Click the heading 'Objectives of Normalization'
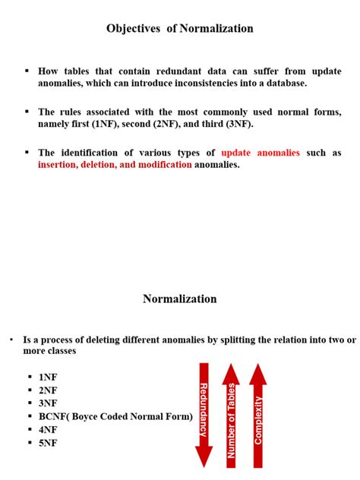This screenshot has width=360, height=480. (180, 28)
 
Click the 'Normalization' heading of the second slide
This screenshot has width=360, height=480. (180, 298)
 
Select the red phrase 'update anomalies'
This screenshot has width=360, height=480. (261, 153)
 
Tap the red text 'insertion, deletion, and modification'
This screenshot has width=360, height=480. (115, 164)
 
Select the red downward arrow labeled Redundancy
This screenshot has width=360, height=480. (204, 414)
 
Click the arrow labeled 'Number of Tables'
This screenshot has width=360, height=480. (232, 414)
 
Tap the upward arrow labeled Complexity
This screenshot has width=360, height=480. (258, 414)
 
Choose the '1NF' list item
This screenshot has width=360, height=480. (48, 377)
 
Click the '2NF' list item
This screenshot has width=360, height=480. (48, 390)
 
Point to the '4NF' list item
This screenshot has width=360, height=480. (48, 431)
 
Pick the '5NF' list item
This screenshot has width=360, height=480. (48, 444)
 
